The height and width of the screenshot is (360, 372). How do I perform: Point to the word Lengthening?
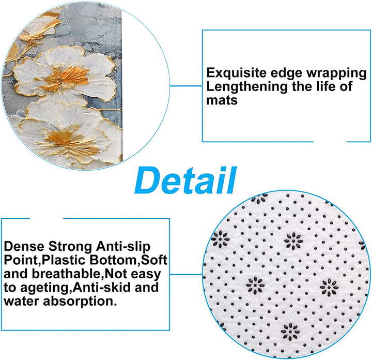coord(247,87)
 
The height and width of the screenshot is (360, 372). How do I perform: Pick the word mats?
coord(222,100)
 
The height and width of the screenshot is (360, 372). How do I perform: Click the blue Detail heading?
coord(185,180)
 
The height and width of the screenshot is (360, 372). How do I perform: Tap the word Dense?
coord(24,247)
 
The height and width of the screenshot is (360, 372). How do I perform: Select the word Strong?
coord(70,247)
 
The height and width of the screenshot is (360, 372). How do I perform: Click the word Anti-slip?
coord(123,247)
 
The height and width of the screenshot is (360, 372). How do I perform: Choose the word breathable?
coord(66,274)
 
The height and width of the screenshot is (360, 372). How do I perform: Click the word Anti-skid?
coord(102,287)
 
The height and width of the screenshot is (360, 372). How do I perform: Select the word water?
coord(21,301)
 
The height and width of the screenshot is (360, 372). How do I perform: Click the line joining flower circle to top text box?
coord(186,86)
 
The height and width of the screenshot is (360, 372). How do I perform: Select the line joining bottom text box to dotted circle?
coord(186,275)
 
